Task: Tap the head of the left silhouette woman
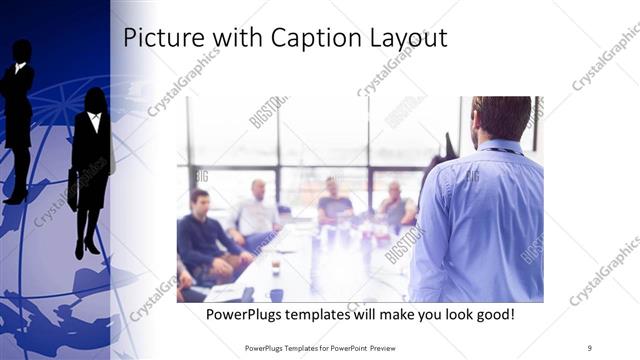21,51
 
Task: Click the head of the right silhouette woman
96,99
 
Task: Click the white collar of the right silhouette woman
95,121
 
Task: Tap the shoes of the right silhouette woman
86,247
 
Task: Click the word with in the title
223,38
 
